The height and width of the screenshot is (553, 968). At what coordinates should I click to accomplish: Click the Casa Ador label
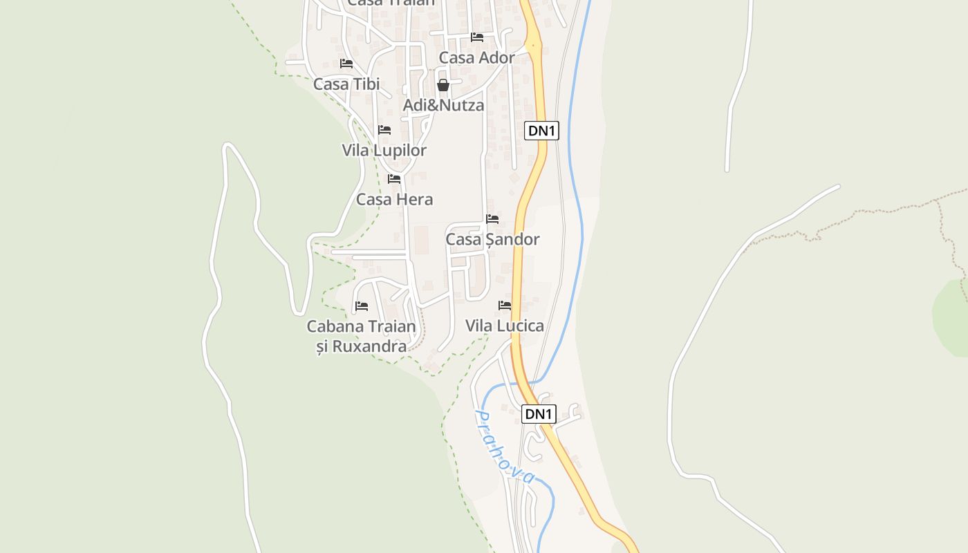coord(476,58)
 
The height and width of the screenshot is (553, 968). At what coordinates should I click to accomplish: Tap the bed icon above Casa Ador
coord(477,37)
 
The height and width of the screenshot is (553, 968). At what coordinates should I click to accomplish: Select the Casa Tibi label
coord(346,84)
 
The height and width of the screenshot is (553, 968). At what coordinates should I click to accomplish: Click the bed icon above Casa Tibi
coord(346,64)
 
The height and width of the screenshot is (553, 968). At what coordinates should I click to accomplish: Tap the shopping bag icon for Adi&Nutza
coord(443,85)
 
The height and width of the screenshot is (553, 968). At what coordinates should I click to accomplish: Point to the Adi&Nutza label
coord(443,106)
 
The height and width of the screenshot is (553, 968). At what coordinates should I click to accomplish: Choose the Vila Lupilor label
coord(384,151)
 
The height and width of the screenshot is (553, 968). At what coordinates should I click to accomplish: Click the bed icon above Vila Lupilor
coord(384,130)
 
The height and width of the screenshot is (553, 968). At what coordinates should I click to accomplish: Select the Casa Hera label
coord(394,200)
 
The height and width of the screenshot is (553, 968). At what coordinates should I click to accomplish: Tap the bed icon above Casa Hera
coord(394,179)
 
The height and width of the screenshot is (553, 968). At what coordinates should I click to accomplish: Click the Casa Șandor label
coord(492,240)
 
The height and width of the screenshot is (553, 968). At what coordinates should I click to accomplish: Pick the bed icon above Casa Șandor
coord(492,219)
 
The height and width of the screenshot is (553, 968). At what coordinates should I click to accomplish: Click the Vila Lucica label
coord(504,326)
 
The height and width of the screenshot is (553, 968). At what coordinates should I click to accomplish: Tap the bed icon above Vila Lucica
coord(505,305)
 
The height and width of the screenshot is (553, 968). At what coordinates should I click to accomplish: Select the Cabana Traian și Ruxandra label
coord(361,336)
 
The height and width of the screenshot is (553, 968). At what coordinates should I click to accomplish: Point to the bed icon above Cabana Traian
coord(362,306)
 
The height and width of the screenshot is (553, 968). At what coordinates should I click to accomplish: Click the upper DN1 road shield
coord(541,131)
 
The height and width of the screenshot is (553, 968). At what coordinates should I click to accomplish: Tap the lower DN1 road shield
coord(539,414)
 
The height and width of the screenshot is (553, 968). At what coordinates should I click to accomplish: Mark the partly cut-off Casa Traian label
coord(391,3)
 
